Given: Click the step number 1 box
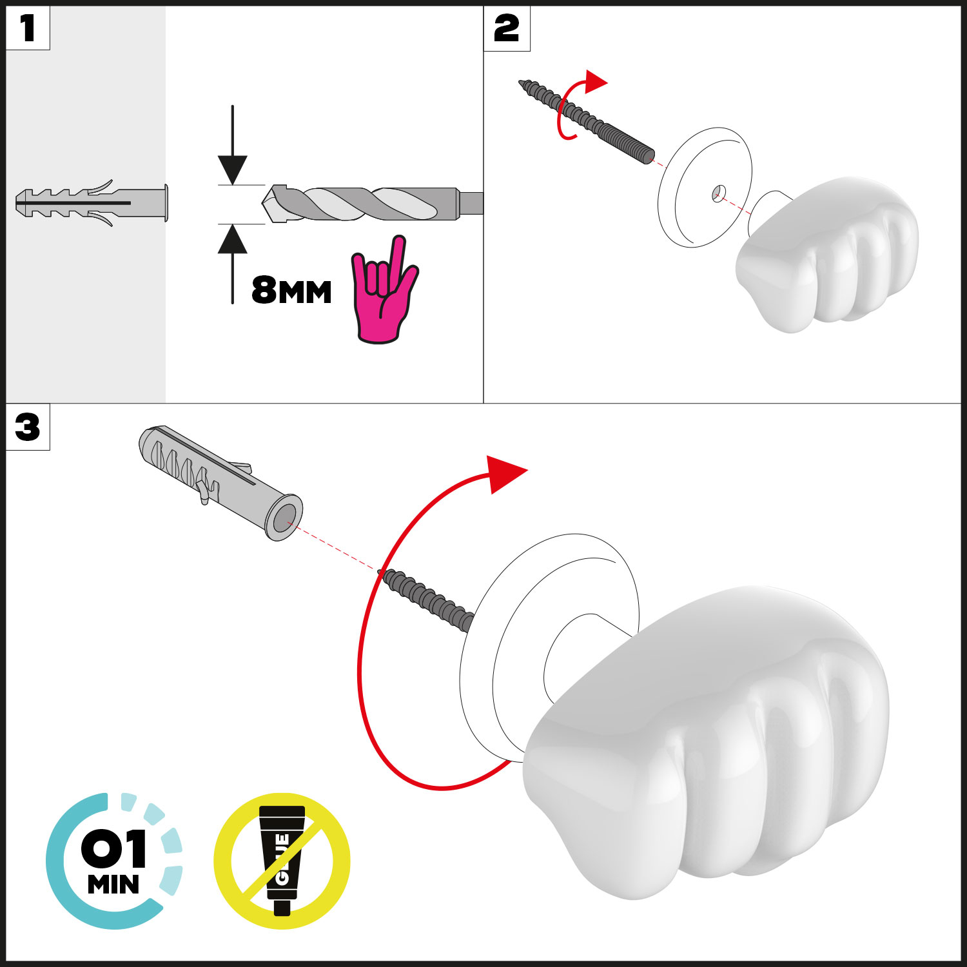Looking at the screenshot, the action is pyautogui.click(x=28, y=28).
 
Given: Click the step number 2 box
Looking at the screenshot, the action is pyautogui.click(x=507, y=28).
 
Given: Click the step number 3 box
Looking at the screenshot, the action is pyautogui.click(x=28, y=427).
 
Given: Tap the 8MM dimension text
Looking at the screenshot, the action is pyautogui.click(x=291, y=290).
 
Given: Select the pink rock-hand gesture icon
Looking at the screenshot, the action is pyautogui.click(x=384, y=290).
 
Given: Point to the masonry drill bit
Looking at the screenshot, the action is pyautogui.click(x=373, y=204).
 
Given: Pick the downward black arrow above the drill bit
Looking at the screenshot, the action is pyautogui.click(x=233, y=145).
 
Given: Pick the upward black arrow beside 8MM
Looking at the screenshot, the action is pyautogui.click(x=233, y=264).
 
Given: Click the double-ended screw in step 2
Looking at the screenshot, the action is pyautogui.click(x=587, y=121).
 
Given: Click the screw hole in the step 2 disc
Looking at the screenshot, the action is pyautogui.click(x=719, y=193).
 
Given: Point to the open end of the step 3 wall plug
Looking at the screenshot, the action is pyautogui.click(x=284, y=518).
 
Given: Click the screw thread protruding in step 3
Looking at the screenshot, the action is pyautogui.click(x=427, y=599).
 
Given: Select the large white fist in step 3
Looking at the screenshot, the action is pyautogui.click(x=706, y=741).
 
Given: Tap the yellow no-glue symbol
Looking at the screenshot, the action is pyautogui.click(x=282, y=861).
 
